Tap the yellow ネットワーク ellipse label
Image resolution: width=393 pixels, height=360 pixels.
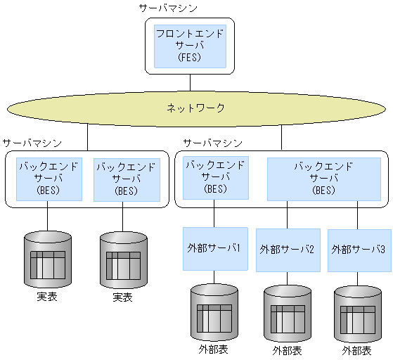point(195,108)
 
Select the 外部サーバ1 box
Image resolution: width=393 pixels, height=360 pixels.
point(215,248)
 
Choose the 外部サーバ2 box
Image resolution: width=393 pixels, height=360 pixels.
point(288,250)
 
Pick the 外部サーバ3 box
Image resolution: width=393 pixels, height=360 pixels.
point(359,250)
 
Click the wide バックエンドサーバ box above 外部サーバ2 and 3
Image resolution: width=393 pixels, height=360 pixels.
point(323,179)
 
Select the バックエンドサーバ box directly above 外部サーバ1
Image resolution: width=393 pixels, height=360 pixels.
point(215,177)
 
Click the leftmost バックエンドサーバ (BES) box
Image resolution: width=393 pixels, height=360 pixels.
point(48,179)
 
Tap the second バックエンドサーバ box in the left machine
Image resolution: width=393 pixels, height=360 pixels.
point(127,179)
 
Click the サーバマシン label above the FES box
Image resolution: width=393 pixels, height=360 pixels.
point(169,8)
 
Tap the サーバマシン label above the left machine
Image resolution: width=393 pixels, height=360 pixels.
point(32,142)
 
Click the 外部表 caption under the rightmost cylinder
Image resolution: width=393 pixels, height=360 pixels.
point(357,349)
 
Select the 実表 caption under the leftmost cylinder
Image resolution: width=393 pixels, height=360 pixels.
point(47,297)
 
